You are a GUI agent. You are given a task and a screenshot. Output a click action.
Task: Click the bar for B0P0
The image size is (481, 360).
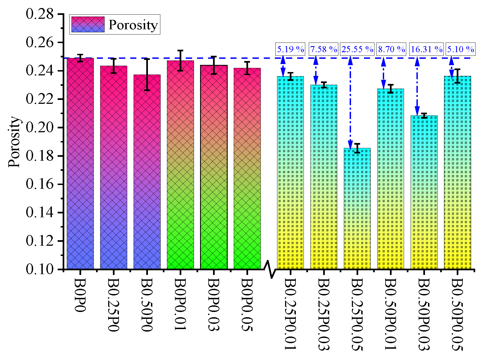click(80, 163)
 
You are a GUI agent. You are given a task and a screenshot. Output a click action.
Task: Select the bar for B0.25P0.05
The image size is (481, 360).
click(357, 209)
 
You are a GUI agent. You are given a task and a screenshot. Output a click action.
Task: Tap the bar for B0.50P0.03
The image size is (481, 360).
click(424, 192)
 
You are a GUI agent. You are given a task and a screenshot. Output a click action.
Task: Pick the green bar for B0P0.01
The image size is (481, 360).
click(180, 165)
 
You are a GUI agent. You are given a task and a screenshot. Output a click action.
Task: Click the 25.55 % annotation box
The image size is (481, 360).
click(357, 49)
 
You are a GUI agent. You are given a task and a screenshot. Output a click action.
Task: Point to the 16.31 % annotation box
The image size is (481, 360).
click(426, 49)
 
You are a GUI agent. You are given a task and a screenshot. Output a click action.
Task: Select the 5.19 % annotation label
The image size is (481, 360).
click(290, 49)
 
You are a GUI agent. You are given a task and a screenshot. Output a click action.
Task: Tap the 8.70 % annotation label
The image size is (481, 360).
click(391, 49)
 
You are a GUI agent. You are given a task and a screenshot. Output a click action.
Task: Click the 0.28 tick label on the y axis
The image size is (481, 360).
click(40, 14)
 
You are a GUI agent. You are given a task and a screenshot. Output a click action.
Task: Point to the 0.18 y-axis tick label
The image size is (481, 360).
click(40, 156)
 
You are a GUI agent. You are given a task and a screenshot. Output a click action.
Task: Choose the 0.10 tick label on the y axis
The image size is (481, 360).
click(40, 269)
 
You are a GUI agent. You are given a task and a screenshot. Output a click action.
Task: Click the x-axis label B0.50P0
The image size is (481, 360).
click(147, 305)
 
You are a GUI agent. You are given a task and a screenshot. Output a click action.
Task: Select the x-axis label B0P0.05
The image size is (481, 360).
click(247, 305)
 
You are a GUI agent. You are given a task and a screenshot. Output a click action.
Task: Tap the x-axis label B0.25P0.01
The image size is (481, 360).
click(290, 314)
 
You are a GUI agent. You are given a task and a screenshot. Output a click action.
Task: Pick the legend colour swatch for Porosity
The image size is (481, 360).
click(88, 24)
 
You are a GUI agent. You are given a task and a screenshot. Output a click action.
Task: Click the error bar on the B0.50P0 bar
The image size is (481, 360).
click(147, 75)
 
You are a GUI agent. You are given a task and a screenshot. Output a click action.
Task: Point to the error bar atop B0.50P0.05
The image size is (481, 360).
click(457, 76)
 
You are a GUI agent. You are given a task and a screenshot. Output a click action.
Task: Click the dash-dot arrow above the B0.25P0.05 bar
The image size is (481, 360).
click(350, 103)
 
